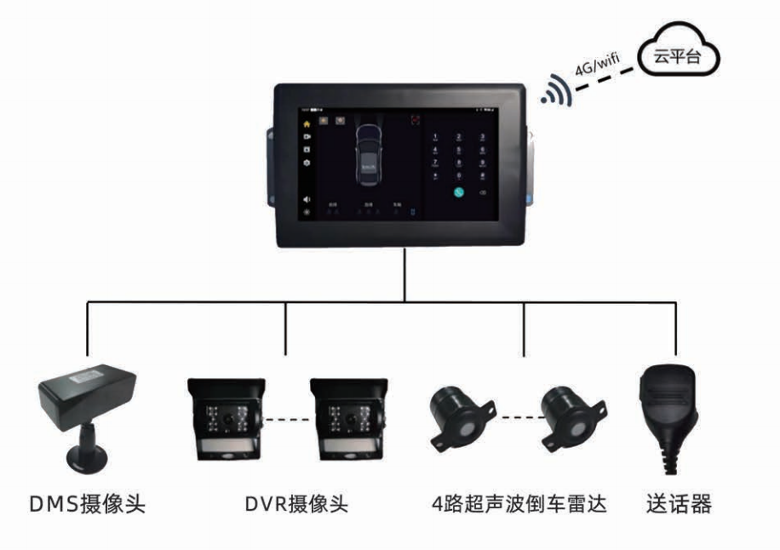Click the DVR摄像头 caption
(284, 503)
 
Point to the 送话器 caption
(679, 503)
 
